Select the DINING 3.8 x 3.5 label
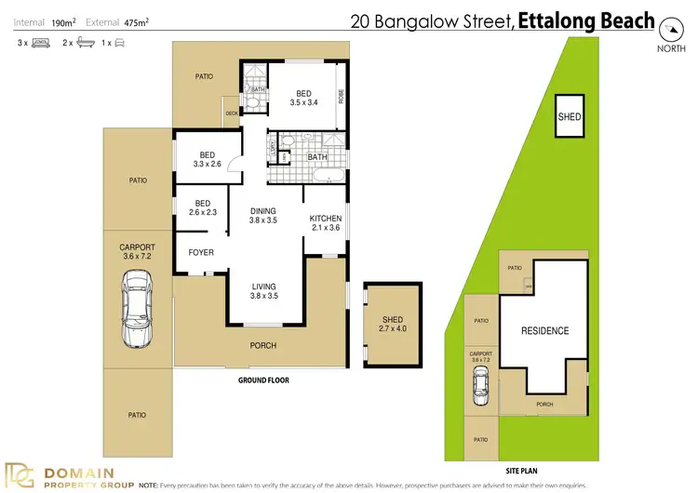pyautogui.click(x=263, y=216)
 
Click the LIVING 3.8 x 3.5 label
pyautogui.click(x=263, y=290)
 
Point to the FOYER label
pyautogui.click(x=201, y=252)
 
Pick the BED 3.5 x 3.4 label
pyautogui.click(x=305, y=98)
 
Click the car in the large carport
pyautogui.click(x=136, y=306)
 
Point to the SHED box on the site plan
pyautogui.click(x=569, y=116)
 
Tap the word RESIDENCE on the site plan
pyautogui.click(x=544, y=330)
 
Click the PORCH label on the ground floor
pyautogui.click(x=263, y=346)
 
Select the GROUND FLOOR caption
pyautogui.click(x=264, y=380)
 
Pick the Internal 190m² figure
pyautogui.click(x=45, y=20)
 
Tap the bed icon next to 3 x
pyautogui.click(x=40, y=43)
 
